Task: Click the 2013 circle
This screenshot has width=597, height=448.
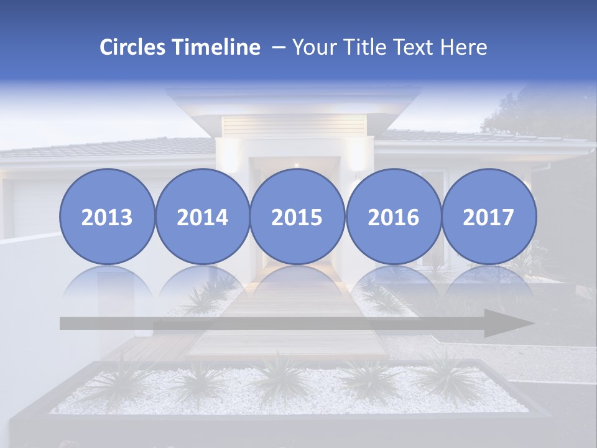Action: click(x=107, y=217)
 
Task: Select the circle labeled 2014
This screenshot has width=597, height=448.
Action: click(x=202, y=217)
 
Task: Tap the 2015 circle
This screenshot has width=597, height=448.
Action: click(x=297, y=217)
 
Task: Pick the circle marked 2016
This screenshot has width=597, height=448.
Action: click(x=393, y=217)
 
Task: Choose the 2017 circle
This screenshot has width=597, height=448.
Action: click(x=488, y=217)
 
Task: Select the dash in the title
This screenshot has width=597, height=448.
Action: click(x=278, y=48)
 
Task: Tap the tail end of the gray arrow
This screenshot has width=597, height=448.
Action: click(x=65, y=324)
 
